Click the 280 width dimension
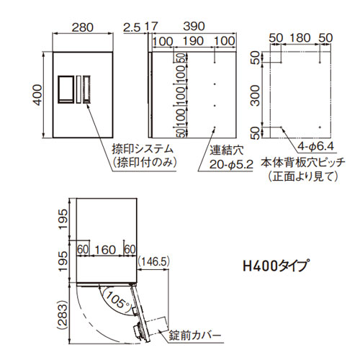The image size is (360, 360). (x=83, y=27)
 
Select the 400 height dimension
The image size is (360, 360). (x=37, y=95)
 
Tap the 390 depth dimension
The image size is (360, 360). (x=194, y=26)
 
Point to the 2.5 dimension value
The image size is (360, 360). (x=132, y=28)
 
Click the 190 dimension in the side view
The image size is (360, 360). (x=193, y=41)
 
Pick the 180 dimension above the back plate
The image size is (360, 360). (x=300, y=38)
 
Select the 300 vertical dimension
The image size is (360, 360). (x=256, y=95)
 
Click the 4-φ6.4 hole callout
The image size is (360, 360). (x=316, y=145)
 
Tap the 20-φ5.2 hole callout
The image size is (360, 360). (x=231, y=165)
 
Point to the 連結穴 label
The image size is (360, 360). (x=227, y=150)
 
